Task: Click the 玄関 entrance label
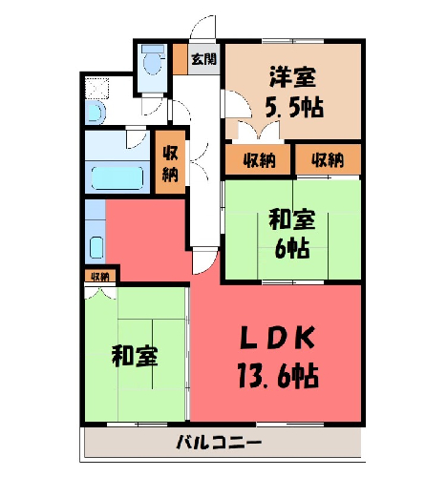point(204,59)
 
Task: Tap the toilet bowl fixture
point(153,60)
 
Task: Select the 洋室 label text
point(293,76)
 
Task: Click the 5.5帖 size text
point(294,107)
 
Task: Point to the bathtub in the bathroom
point(117,177)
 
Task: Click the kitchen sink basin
point(96,247)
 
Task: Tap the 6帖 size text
point(292,248)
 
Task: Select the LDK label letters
point(277,338)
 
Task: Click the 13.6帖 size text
point(279,376)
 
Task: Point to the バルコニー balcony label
point(219,443)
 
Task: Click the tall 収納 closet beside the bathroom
point(170,162)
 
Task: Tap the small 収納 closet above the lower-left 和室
point(100,277)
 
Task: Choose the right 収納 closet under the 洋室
point(328,159)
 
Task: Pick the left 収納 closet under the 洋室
point(258,159)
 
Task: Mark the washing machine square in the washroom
point(97,88)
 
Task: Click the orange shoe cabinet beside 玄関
point(181,59)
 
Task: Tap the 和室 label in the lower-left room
point(135,357)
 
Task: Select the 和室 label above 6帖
point(292,219)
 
